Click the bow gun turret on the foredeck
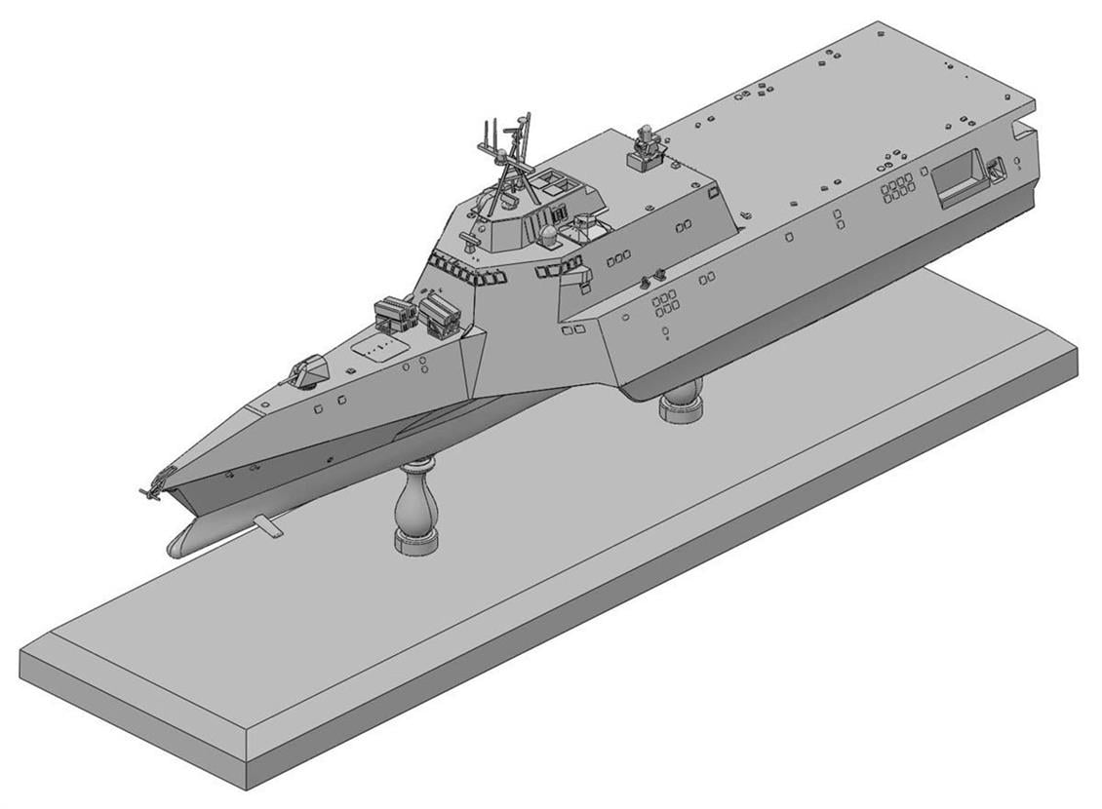tap(308, 372)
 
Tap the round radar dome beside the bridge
tap(549, 235)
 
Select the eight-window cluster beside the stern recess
tap(896, 187)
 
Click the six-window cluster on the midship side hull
tap(665, 302)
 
